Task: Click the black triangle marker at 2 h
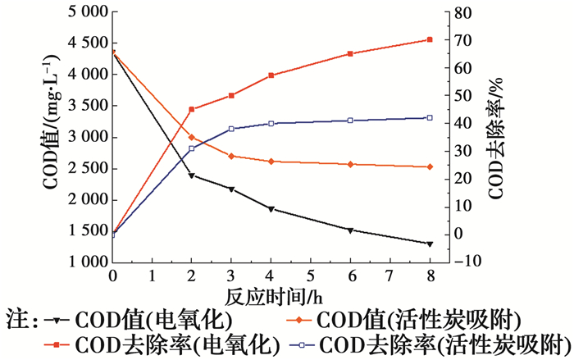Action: coord(192,175)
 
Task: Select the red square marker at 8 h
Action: coord(430,39)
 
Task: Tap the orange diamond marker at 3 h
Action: coord(231,156)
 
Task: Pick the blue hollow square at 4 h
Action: coord(271,124)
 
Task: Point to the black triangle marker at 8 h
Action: coord(430,244)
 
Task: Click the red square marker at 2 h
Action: coord(192,109)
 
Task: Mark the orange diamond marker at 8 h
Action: coord(430,167)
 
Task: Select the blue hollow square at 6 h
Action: coord(350,121)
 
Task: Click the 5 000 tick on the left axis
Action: coord(80,12)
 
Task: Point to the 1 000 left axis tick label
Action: coord(80,262)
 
